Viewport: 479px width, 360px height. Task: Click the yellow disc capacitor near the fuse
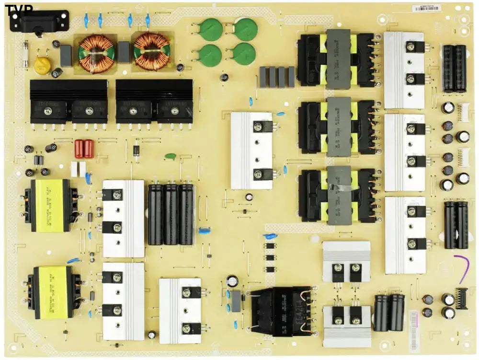coord(43,65)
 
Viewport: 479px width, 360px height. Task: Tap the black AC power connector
coord(38,21)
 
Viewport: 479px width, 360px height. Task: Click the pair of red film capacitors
coord(84,149)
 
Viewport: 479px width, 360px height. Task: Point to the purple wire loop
coord(463,269)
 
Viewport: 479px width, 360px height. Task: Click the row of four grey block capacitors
coord(277,77)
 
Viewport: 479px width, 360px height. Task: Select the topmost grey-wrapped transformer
coord(338,59)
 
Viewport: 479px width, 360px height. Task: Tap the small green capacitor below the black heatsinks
coord(170,156)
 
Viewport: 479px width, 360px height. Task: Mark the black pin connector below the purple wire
coord(461,299)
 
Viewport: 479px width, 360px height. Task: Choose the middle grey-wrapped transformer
coord(338,127)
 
